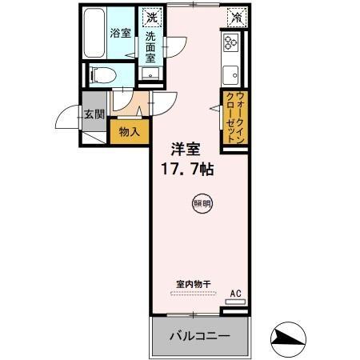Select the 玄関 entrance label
(94, 114)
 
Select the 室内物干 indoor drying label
(193, 283)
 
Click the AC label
(235, 294)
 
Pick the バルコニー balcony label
(198, 337)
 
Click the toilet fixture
(102, 74)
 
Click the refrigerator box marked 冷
(236, 16)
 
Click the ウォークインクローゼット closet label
(235, 117)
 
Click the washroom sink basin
(149, 74)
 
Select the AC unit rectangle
(235, 303)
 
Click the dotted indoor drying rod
(193, 293)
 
